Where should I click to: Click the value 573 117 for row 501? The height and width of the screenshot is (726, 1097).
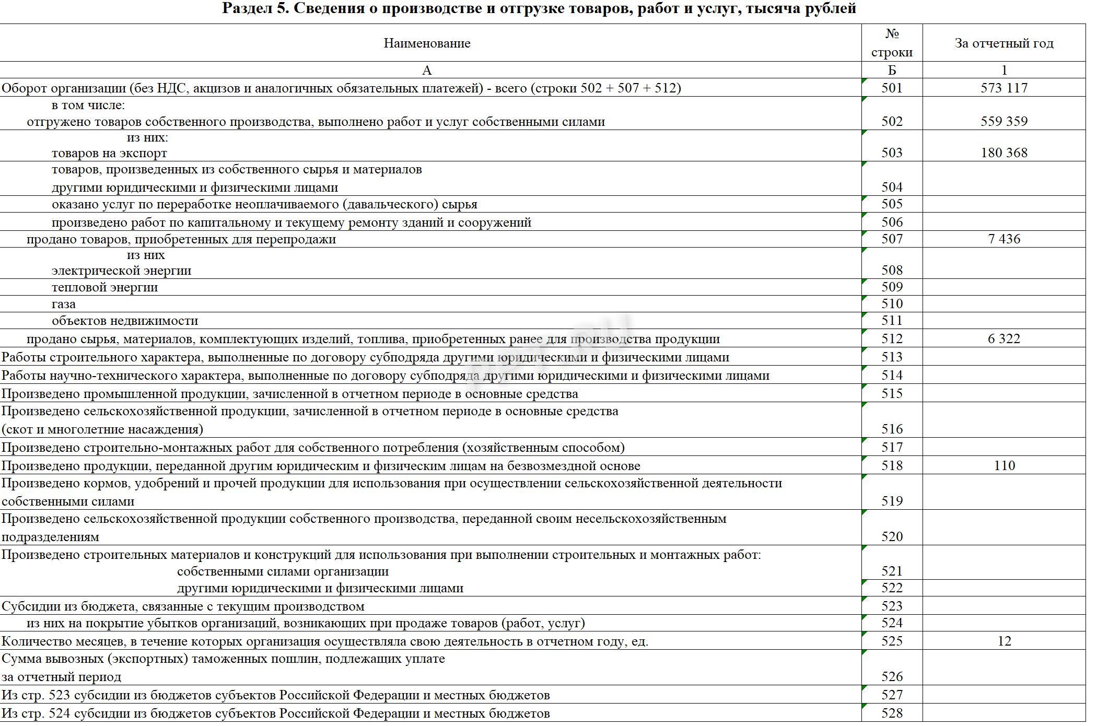[1003, 88]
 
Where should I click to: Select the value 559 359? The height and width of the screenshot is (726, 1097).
[1003, 121]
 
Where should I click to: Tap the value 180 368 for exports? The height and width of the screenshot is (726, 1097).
[1003, 153]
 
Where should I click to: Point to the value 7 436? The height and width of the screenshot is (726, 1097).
[1003, 239]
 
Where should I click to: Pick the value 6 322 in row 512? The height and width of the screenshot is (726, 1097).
[1003, 338]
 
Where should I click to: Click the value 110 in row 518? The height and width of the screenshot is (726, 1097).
[1003, 465]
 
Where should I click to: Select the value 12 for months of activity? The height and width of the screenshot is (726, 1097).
[1003, 641]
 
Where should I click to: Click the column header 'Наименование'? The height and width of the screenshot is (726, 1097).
[427, 43]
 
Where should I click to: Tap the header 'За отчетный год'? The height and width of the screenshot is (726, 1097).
[1003, 43]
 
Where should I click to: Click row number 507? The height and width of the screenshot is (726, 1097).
[892, 239]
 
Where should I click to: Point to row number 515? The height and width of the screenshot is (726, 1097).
[892, 393]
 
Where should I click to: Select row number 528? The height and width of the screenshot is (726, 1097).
[892, 713]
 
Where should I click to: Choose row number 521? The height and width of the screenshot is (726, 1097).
[892, 571]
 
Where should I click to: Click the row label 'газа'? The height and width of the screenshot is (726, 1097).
[64, 304]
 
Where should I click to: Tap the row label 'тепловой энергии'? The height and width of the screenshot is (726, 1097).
[104, 287]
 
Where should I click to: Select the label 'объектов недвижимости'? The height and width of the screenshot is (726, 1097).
[125, 321]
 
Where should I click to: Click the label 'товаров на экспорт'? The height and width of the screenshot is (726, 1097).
[109, 153]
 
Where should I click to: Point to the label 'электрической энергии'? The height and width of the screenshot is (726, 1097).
[121, 271]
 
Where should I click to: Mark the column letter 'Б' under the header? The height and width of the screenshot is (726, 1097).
[892, 70]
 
